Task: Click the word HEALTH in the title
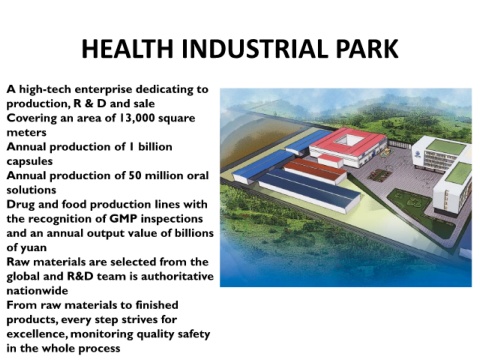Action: pos(127,49)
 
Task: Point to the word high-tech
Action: pos(45,90)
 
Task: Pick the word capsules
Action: pos(30,162)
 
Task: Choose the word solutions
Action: pos(31,190)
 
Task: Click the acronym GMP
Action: pos(123,219)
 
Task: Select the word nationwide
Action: pos(37,291)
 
